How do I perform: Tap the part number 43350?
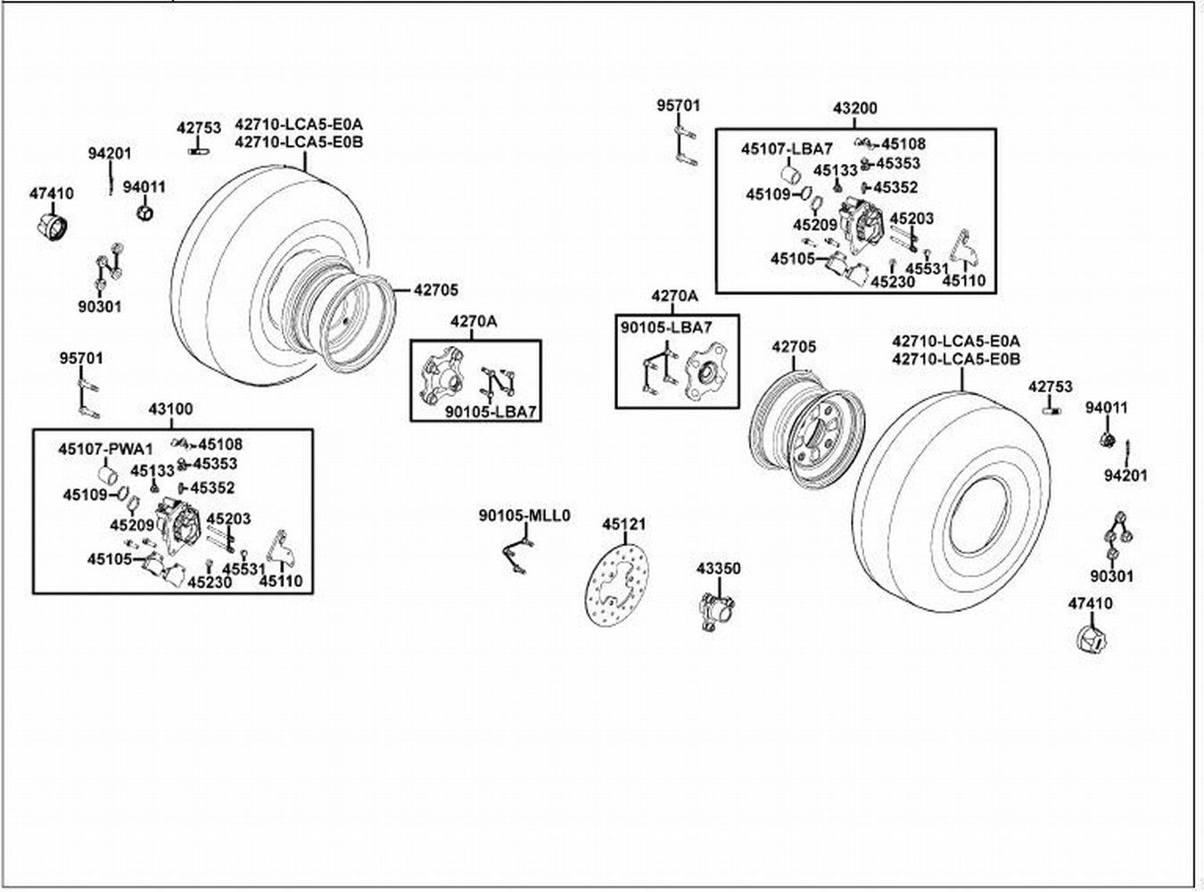point(718,568)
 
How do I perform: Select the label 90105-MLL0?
point(524,516)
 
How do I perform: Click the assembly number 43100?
point(169,409)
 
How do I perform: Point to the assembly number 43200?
point(854,109)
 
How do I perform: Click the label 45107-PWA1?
point(95,449)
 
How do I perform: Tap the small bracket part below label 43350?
point(713,612)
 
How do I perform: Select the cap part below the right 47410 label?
point(1089,640)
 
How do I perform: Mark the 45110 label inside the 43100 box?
point(281,582)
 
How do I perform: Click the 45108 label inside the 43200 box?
point(903,144)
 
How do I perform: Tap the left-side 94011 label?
point(144,186)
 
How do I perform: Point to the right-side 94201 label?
point(1125,475)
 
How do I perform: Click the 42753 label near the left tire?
point(197,128)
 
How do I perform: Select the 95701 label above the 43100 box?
point(81,358)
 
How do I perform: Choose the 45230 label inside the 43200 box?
point(893,281)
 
